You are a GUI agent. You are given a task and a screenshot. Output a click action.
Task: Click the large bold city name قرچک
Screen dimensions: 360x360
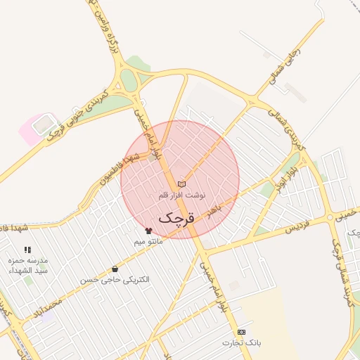(175, 217)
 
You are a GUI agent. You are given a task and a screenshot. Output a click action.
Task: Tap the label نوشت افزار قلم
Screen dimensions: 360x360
(182, 194)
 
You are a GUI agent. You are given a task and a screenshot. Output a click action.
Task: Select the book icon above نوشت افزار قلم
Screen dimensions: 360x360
(182, 184)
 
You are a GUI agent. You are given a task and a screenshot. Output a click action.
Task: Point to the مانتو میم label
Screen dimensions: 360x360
(148, 241)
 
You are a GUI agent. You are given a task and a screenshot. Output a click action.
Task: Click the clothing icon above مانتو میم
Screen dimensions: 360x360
(148, 231)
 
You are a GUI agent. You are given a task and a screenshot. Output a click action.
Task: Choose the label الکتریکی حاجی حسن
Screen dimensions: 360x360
(115, 280)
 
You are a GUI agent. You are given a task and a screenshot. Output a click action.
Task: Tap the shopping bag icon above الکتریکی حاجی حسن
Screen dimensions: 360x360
(115, 269)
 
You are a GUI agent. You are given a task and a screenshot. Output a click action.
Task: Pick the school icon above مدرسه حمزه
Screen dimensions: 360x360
(27, 250)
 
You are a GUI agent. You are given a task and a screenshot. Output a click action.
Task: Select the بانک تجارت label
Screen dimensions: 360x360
(242, 343)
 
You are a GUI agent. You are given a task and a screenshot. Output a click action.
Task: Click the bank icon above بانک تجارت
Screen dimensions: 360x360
(242, 332)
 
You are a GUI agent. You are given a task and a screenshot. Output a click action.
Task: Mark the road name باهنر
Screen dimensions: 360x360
(219, 204)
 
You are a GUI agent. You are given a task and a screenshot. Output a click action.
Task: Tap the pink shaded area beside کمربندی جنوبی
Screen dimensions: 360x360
(31, 131)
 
